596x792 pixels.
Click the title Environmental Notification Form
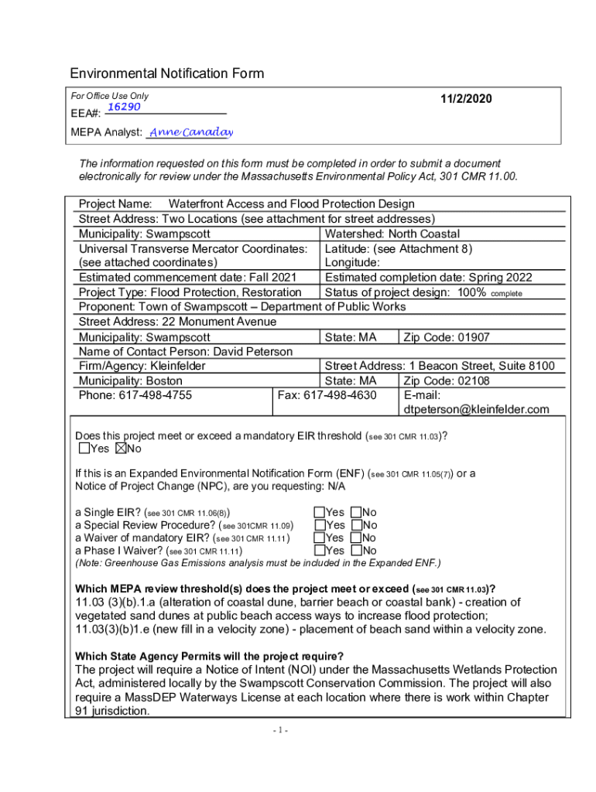[x=167, y=73]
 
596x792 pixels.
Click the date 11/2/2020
[x=466, y=99]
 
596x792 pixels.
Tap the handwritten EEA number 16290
[x=123, y=107]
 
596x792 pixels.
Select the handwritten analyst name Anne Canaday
[x=190, y=132]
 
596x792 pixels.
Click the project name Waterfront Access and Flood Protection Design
[x=291, y=204]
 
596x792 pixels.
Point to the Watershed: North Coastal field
[x=392, y=234]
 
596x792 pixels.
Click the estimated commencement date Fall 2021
[x=271, y=278]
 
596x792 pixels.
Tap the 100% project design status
[x=471, y=292]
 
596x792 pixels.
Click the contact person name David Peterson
[x=252, y=352]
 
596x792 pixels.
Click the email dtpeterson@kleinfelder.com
[x=476, y=409]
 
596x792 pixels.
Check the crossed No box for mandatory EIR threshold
[x=121, y=449]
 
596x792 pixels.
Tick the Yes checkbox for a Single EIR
[x=319, y=512]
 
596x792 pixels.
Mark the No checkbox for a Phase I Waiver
[x=356, y=551]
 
